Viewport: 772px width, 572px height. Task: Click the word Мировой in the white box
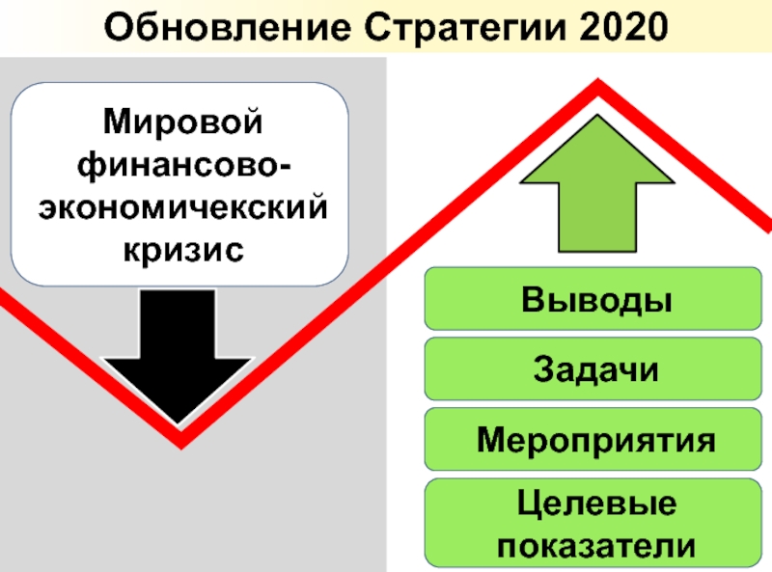(182, 123)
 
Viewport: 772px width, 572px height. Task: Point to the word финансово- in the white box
(182, 166)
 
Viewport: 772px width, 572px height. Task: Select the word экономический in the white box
(182, 207)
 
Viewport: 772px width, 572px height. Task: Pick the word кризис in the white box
(182, 249)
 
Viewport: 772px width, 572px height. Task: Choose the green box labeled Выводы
(596, 298)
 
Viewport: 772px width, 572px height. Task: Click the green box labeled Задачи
(596, 368)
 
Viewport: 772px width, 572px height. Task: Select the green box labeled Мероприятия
(596, 439)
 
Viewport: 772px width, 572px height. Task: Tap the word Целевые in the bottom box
(595, 504)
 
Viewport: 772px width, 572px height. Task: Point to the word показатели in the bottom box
(595, 544)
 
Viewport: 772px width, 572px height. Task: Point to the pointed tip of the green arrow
(597, 119)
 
